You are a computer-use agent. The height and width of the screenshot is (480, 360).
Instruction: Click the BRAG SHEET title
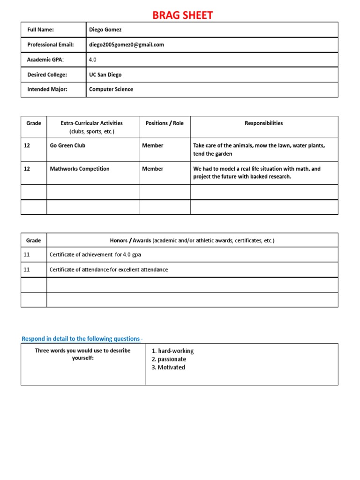tap(183, 15)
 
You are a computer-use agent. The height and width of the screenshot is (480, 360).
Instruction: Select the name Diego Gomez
tap(105, 30)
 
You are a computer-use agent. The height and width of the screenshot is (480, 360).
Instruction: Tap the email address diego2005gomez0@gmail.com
tap(127, 45)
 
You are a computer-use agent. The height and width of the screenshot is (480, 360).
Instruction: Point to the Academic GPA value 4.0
tap(93, 60)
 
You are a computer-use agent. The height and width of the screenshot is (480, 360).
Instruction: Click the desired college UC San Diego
tap(105, 75)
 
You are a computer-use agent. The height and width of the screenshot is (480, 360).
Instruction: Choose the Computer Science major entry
tap(111, 90)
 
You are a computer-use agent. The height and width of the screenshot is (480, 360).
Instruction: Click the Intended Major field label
tap(47, 90)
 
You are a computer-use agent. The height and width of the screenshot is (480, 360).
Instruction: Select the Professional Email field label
tap(51, 45)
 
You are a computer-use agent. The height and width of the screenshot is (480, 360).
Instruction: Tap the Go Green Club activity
tap(67, 146)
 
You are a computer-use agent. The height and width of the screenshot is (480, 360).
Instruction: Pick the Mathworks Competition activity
tap(80, 169)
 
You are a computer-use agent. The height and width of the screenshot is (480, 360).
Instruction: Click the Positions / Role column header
tap(165, 123)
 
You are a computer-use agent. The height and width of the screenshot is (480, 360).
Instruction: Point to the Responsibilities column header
tap(264, 123)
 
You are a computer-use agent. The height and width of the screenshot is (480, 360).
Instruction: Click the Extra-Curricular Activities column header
tap(92, 123)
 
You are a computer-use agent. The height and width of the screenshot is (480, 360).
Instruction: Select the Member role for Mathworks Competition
tap(153, 169)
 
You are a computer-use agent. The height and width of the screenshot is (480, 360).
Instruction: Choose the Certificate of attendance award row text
tap(109, 270)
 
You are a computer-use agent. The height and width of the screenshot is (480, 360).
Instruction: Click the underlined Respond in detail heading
tap(81, 338)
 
